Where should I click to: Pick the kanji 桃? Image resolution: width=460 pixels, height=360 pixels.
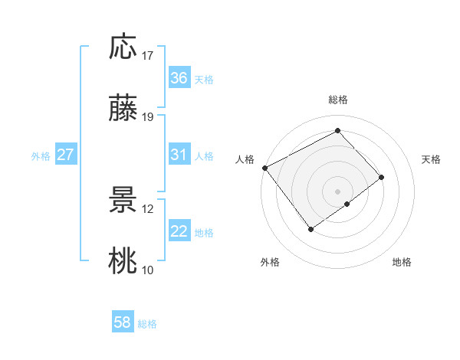tap(123, 260)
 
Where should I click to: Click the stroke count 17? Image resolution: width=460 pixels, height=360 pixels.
tap(148, 56)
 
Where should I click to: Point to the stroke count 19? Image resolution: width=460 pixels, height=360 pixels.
tap(148, 117)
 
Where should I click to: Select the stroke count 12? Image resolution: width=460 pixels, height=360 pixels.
tap(148, 208)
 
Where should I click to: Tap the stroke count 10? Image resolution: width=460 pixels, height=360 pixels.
tap(148, 270)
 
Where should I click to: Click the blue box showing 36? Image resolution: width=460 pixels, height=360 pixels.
tap(179, 78)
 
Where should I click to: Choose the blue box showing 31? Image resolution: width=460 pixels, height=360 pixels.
tap(179, 155)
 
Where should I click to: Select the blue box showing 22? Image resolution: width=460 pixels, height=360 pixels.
tap(179, 231)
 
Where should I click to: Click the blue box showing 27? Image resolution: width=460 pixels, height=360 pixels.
tap(66, 155)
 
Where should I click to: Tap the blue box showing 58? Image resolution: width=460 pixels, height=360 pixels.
tap(123, 322)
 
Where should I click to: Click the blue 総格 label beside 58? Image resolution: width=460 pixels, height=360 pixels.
tap(147, 324)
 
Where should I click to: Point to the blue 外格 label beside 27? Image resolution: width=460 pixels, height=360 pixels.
tap(41, 156)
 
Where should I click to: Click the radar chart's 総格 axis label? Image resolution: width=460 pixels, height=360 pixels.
tap(338, 100)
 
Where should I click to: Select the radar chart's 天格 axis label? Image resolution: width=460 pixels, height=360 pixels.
tap(431, 159)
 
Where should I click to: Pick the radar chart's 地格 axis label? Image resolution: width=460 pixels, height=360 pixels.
tap(402, 262)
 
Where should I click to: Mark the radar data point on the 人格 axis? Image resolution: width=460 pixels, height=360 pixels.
tap(264, 168)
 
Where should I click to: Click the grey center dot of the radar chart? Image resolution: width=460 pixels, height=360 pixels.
tap(337, 191)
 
